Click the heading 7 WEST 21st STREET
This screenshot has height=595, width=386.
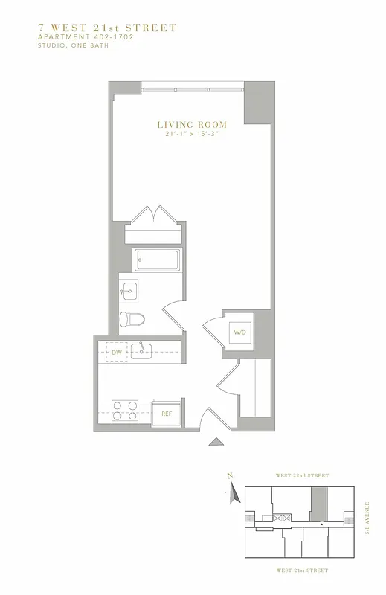point(107,28)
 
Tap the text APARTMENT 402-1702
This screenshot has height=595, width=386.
point(86,36)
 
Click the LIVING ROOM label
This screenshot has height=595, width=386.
point(191,125)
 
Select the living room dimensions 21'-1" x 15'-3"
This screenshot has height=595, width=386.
point(191,134)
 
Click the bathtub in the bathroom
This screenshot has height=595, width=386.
point(157,260)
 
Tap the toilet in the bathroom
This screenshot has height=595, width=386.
point(132,319)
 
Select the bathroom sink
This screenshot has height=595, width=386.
point(129,291)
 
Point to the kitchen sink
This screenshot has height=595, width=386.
point(141,350)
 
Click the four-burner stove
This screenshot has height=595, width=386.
point(125,411)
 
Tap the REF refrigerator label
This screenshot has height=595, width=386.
point(167,414)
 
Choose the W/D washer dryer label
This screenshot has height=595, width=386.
point(240,332)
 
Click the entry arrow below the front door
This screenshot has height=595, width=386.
point(216,442)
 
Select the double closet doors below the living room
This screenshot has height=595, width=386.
point(153,217)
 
